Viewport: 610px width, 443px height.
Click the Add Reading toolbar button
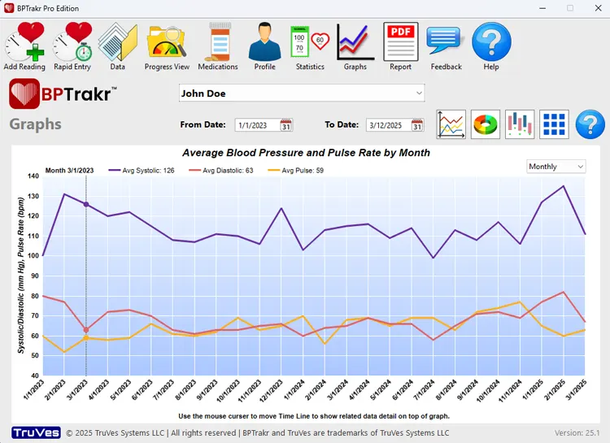[x=24, y=46]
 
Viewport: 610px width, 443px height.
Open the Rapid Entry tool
[x=72, y=46]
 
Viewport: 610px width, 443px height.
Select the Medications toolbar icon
[x=218, y=46]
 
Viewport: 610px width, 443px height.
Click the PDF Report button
[x=400, y=46]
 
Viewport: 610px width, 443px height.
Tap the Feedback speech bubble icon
[x=445, y=46]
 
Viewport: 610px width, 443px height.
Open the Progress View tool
[x=167, y=46]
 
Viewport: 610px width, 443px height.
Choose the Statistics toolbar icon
[x=309, y=46]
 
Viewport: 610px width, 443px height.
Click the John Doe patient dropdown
[x=302, y=93]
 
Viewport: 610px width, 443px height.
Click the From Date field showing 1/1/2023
[x=256, y=125]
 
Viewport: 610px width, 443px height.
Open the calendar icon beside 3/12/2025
[x=417, y=125]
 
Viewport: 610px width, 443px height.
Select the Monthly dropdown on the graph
[x=556, y=167]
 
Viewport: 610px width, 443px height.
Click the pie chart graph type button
[x=486, y=124]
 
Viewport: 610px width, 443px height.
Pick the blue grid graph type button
[x=554, y=124]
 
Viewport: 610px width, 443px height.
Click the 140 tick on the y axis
[x=33, y=176]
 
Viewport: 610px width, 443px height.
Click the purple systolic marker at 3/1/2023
[x=86, y=205]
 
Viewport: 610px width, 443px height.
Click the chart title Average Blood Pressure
[x=306, y=153]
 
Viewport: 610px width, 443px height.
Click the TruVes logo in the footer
[x=37, y=432]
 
